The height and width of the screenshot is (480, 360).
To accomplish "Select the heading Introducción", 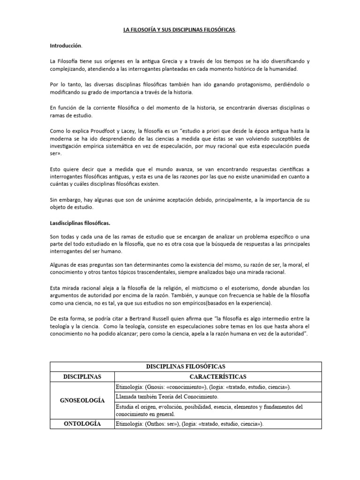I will click(66, 46).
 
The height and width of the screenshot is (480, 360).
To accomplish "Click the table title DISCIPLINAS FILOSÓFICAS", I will click(180, 366).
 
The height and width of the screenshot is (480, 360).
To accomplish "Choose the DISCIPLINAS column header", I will click(82, 376).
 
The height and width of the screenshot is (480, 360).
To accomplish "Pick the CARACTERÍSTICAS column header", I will click(218, 376).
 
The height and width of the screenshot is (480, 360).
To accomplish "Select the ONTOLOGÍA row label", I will click(82, 424).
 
